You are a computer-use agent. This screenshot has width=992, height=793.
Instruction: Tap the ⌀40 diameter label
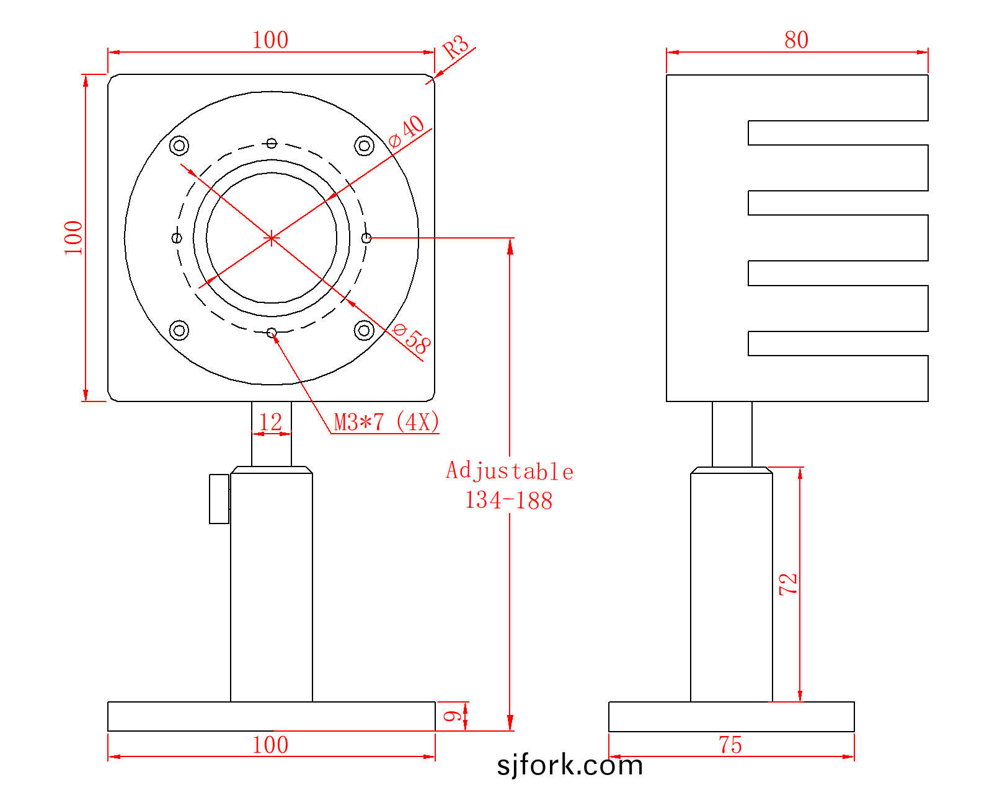coord(405,131)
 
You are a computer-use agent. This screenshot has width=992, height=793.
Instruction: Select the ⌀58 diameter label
coord(411,338)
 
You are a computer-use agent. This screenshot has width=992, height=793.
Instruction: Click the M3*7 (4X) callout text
coord(386,422)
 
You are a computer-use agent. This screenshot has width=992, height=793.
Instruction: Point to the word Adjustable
coord(510,471)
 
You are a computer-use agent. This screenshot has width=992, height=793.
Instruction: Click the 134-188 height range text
coord(509,501)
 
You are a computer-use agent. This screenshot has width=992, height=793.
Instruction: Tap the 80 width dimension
coord(796,40)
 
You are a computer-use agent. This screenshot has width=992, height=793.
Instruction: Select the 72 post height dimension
coord(788,584)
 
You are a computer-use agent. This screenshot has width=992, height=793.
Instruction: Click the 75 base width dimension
coord(730,745)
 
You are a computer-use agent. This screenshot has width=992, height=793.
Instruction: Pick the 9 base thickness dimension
coord(452,716)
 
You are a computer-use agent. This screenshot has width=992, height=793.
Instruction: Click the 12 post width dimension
coord(270,422)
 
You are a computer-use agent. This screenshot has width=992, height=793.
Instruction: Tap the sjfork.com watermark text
coord(570,765)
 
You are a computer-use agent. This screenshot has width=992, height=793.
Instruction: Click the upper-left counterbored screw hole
coord(179,146)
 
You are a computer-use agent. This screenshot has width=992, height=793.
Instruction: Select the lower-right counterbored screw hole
coord(364,330)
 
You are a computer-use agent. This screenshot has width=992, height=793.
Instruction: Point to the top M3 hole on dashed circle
coord(272,143)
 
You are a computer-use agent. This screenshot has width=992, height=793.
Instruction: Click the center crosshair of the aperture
coord(272,239)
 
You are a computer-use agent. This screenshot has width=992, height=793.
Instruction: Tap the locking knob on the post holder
coord(219,499)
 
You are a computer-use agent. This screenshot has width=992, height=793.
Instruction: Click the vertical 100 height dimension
coord(73,238)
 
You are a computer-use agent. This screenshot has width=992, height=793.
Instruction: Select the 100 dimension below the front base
coord(270,745)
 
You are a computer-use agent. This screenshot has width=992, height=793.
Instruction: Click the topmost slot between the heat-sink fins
coord(838,133)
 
